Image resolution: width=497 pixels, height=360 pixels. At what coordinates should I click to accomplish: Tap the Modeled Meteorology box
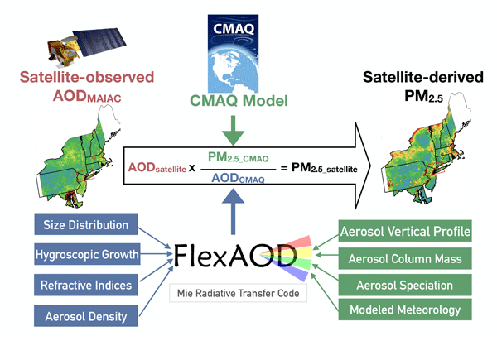405,310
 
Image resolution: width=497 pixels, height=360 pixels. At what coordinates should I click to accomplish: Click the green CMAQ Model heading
236,102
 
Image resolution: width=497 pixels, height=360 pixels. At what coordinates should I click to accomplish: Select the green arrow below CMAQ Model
236,129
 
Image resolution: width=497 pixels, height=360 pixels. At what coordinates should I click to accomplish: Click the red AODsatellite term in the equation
157,168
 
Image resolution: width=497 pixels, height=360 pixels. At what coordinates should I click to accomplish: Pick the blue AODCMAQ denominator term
238,180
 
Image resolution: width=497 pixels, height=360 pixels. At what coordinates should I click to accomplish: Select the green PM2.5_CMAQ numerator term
238,159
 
